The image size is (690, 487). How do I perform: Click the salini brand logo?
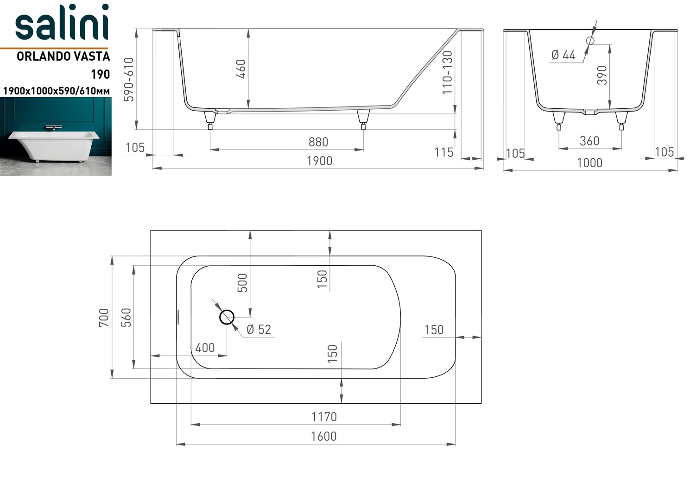[x=62, y=22]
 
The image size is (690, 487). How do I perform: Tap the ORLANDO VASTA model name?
[x=63, y=56]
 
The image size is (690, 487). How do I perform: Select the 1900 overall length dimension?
[x=319, y=161]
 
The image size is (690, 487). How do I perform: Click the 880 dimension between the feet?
[x=318, y=142]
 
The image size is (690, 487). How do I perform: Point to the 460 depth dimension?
[x=242, y=69]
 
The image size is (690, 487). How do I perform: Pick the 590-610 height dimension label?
[x=129, y=79]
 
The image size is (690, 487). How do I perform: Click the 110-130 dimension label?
[x=447, y=73]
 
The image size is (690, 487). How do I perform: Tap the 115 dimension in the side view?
[x=444, y=153]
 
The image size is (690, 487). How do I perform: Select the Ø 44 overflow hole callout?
[x=563, y=56]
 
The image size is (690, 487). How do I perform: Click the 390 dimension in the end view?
[x=602, y=75]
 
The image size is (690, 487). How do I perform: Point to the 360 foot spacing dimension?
[x=589, y=141]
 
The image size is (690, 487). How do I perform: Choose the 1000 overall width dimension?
[x=589, y=163]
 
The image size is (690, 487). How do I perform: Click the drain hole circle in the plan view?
[x=227, y=317]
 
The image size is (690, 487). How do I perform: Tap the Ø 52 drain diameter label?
[x=259, y=330]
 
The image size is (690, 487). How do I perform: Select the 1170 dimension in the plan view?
[x=324, y=417]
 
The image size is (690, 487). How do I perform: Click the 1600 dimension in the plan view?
[x=324, y=436]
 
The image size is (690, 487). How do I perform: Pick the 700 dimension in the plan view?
[x=104, y=318]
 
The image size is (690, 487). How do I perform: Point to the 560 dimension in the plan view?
[x=126, y=318]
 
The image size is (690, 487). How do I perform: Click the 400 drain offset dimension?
[x=205, y=348]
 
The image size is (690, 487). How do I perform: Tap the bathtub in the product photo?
[x=52, y=146]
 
